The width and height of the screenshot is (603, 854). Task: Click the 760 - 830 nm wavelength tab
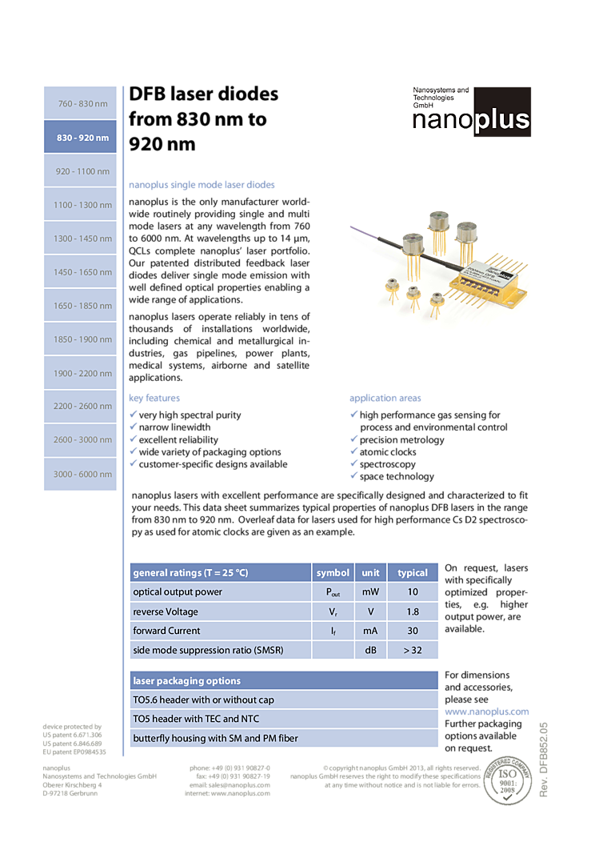coord(81,104)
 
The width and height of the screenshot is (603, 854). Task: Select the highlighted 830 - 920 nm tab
coord(81,138)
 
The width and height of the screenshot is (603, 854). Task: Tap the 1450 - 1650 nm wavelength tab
coord(81,272)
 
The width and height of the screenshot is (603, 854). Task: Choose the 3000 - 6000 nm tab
coord(81,474)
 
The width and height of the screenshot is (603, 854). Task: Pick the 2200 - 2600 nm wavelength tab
coord(81,406)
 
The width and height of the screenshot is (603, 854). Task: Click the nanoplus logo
coord(472,113)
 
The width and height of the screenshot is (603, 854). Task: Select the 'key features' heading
coord(154,398)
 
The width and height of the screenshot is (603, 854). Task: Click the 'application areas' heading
coord(385,398)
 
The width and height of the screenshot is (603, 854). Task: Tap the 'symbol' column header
coord(333,572)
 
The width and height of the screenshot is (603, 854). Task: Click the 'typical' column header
coord(413,572)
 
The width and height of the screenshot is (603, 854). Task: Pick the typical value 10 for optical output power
coord(413,592)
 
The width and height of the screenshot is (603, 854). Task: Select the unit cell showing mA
coord(370,631)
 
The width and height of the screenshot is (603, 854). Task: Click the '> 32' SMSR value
coord(413,650)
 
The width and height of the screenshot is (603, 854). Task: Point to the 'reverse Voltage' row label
coord(165,611)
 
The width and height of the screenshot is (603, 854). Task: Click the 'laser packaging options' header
coord(186,681)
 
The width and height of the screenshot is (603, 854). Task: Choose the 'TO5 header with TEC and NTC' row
coord(196,719)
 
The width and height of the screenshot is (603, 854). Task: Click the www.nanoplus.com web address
coord(486,712)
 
